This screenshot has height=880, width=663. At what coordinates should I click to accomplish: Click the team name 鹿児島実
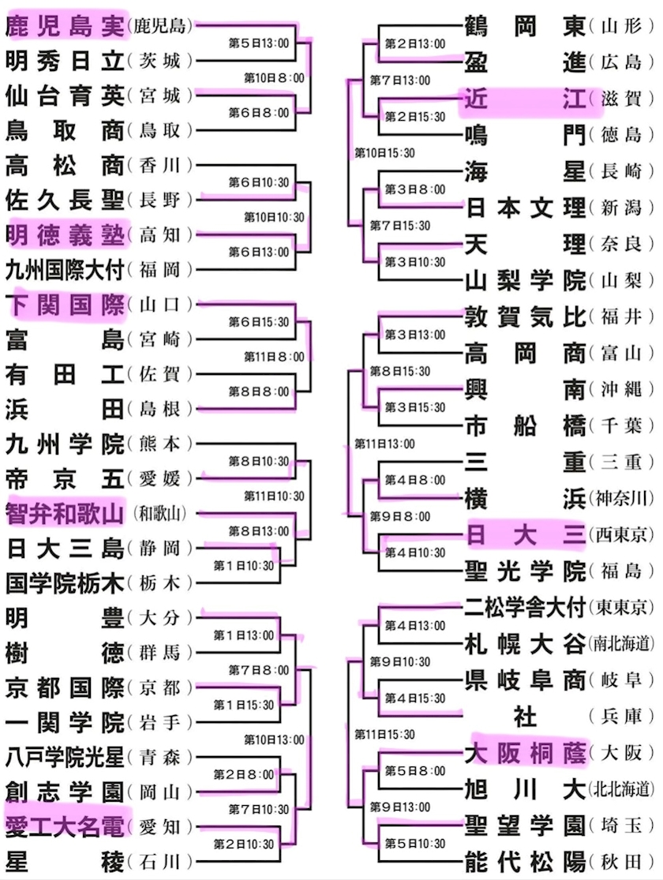point(66,26)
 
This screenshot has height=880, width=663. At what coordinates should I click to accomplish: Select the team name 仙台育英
point(66,96)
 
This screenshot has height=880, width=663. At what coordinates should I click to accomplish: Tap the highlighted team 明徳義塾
point(66,234)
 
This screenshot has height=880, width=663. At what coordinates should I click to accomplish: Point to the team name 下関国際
point(66,305)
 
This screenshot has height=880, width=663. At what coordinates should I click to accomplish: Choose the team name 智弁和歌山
point(65,513)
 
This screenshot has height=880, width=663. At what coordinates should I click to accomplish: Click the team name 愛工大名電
point(65,826)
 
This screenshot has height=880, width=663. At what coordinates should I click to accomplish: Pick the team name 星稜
point(66,862)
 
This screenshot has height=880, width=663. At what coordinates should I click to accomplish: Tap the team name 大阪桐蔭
point(526,753)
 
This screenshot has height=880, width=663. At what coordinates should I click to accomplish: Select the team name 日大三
point(526,534)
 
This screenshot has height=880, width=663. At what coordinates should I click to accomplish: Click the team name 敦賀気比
point(526,316)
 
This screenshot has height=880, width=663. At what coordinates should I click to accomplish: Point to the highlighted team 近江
point(526,99)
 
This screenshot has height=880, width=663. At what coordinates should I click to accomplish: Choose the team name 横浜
point(526,498)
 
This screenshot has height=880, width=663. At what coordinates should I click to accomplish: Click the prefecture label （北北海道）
point(621,789)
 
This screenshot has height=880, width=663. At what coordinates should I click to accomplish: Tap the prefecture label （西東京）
point(621,535)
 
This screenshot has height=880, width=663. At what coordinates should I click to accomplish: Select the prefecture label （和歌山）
point(159,514)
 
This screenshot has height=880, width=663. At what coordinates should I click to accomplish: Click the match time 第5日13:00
point(259,43)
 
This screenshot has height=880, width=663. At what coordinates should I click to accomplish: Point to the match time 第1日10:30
point(244,566)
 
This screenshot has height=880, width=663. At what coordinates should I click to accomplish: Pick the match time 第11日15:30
point(384,734)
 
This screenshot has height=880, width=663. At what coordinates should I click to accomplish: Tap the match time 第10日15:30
point(384,152)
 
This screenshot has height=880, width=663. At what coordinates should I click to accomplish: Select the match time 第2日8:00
point(244,775)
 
